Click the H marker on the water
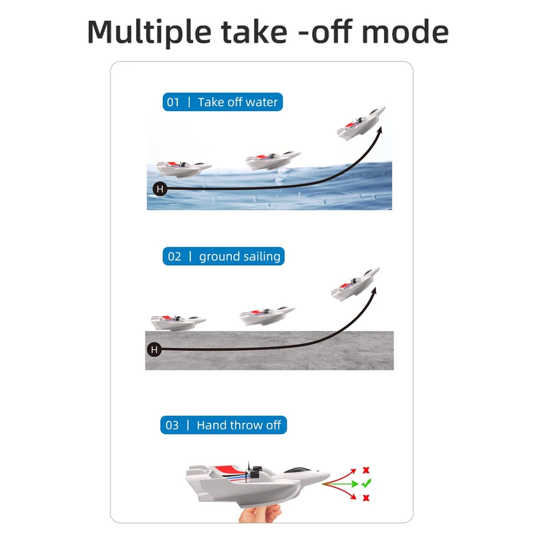pos(160,189)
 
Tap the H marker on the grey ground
pos(154,350)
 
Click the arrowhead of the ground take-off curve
pos(375,291)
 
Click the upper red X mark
pos(366,470)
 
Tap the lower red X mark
pos(366,497)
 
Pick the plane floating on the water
pos(183,168)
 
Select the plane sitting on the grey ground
pos(178,322)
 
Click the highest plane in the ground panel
pos(355,284)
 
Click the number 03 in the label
pos(172,425)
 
